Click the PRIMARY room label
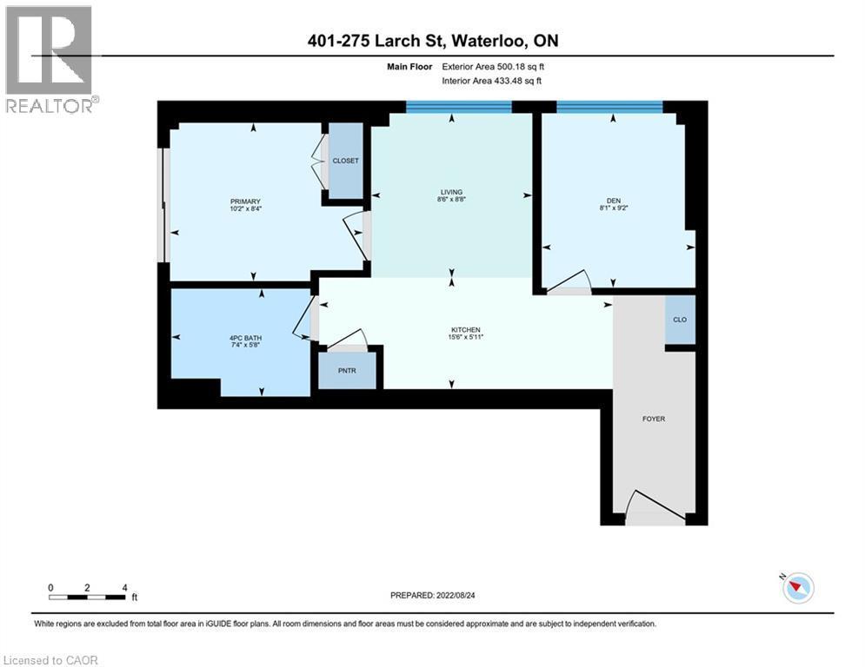pos(245,201)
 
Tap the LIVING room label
pos(450,192)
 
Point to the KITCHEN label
pos(466,330)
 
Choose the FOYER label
pos(653,419)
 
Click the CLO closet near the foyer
pos(680,320)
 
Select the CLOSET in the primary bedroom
pos(345,162)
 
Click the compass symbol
pos(796,588)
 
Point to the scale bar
pos(88,596)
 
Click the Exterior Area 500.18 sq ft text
pos(493,66)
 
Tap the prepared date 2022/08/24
pos(443,596)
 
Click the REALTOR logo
pos(50,59)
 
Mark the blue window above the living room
pos(458,107)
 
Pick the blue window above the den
pos(609,107)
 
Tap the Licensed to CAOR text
pos(51,660)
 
